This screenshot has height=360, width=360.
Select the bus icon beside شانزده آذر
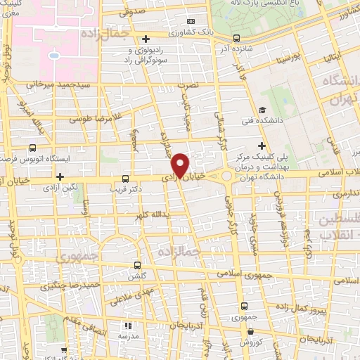(236, 38)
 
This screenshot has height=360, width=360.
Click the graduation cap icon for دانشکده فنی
(262, 110)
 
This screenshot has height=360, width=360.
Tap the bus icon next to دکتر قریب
(125, 179)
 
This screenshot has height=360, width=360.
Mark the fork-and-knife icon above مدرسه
(127, 326)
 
